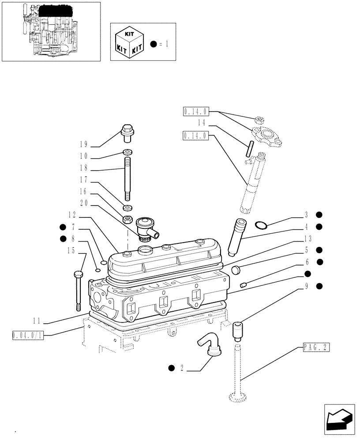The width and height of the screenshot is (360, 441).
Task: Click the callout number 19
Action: (x=84, y=145)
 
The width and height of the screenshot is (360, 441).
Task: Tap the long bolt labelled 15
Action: (x=78, y=288)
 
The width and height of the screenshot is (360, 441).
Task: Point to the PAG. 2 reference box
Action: (x=316, y=348)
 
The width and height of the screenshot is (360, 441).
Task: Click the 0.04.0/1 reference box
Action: (x=28, y=336)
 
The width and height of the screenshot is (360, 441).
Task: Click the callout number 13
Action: (x=308, y=239)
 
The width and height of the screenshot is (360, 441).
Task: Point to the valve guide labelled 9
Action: (x=238, y=332)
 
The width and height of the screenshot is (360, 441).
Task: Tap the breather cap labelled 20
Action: (x=147, y=227)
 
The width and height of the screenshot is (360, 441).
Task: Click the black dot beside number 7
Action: (x=63, y=227)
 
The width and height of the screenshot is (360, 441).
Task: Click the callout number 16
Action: (x=84, y=192)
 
